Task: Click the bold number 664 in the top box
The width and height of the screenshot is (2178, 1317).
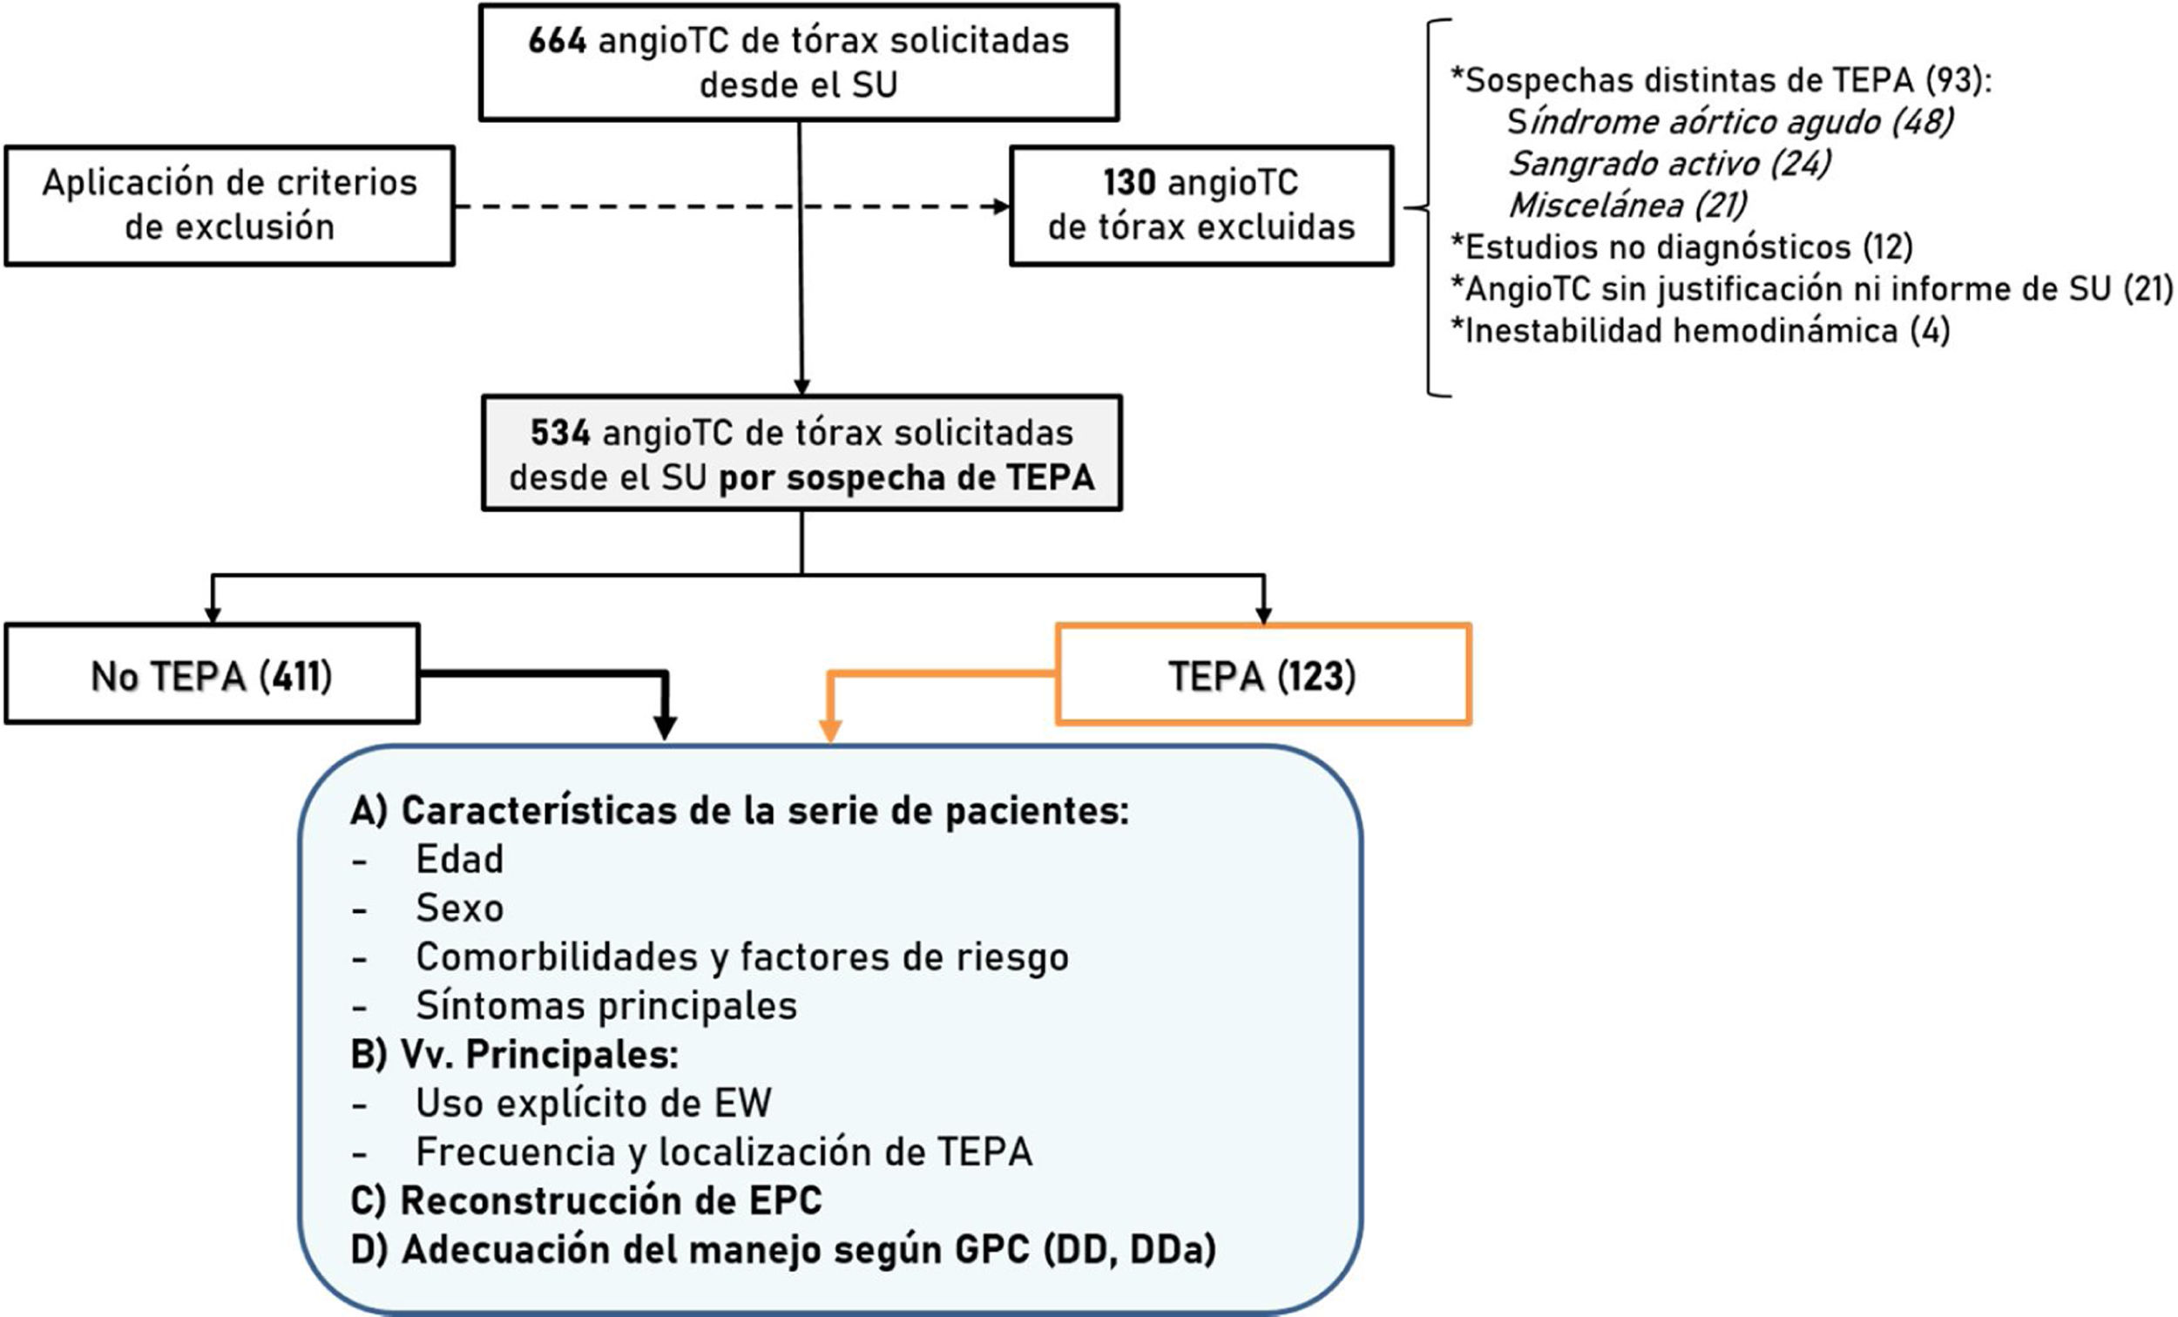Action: [x=557, y=42]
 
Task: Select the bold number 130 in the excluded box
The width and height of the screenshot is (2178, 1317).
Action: [x=1129, y=183]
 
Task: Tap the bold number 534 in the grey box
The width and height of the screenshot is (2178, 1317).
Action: [x=559, y=433]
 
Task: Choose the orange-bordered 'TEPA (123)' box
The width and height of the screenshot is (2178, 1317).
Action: [x=1262, y=675]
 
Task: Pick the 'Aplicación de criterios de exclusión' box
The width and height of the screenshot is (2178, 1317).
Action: [x=229, y=206]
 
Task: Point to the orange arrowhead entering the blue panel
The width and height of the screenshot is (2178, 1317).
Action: [x=830, y=732]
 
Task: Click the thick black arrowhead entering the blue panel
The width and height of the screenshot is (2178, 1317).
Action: [x=665, y=727]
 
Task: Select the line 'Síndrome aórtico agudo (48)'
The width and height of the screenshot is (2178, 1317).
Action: [x=1730, y=122]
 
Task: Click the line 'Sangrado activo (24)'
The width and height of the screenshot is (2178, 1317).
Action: [x=1670, y=164]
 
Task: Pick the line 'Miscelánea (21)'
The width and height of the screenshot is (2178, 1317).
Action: [x=1627, y=205]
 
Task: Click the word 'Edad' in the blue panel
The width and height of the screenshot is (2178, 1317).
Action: [x=460, y=859]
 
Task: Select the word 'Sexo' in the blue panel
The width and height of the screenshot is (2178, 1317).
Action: [x=460, y=908]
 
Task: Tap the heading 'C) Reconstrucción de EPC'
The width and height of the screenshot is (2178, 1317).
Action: [x=586, y=1200]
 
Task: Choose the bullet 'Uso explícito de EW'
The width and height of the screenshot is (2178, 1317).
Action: [x=593, y=1103]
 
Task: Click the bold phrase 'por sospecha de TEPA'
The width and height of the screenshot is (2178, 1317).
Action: [x=906, y=478]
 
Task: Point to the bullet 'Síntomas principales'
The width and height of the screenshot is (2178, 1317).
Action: [x=606, y=1006]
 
